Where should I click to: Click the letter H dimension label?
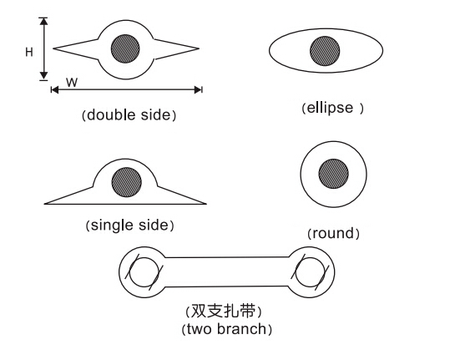point(29,52)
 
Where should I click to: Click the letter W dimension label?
point(72,83)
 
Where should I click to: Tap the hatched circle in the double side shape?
point(125,48)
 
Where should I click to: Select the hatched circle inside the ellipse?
point(325,51)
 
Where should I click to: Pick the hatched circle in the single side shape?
point(127,182)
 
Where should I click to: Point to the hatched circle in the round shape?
point(333,174)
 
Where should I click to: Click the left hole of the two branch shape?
point(144,272)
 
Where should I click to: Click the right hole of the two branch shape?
point(310,272)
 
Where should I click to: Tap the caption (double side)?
point(129,115)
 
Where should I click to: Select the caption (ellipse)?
point(332,108)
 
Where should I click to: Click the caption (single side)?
point(129,226)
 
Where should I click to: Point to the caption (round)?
point(333,233)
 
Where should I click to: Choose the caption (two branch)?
point(226,330)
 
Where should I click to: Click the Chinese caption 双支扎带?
point(224,312)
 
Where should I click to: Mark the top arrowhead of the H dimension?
point(43,21)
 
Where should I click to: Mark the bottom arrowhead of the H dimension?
point(43,76)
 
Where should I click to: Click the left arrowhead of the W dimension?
point(54,89)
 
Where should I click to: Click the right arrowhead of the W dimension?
point(198,89)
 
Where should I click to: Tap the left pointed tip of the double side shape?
point(53,48)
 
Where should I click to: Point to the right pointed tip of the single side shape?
point(206,204)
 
